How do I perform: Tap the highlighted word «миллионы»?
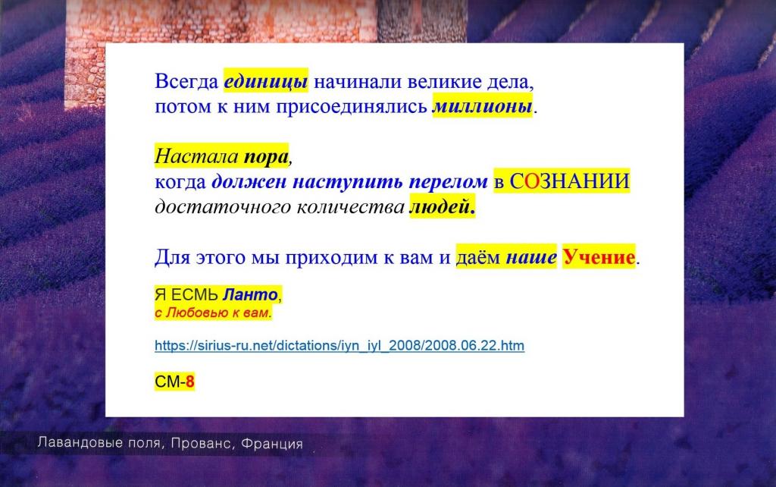click(483, 106)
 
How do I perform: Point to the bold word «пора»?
click(266, 157)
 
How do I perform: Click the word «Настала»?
click(196, 156)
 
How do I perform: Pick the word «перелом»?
click(449, 182)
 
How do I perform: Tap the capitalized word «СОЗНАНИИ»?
click(570, 181)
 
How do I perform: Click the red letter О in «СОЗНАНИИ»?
click(531, 181)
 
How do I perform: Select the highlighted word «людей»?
click(443, 207)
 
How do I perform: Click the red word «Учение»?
click(599, 257)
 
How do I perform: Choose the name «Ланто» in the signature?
click(250, 295)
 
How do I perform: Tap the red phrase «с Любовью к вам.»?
click(213, 313)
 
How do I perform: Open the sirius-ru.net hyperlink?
click(339, 345)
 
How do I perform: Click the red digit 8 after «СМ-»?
click(190, 382)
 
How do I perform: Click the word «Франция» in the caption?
click(272, 444)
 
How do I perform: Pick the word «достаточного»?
click(223, 207)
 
